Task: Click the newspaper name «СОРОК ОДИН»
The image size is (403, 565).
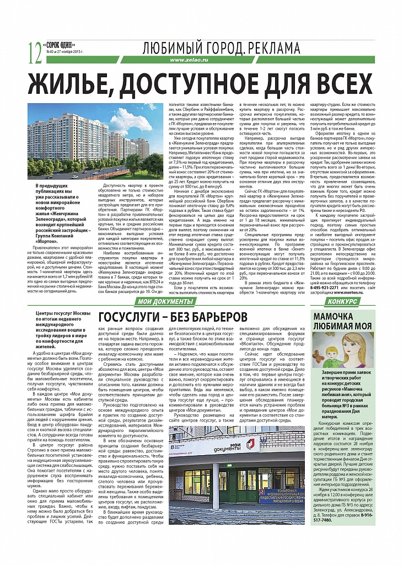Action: tap(57, 45)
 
